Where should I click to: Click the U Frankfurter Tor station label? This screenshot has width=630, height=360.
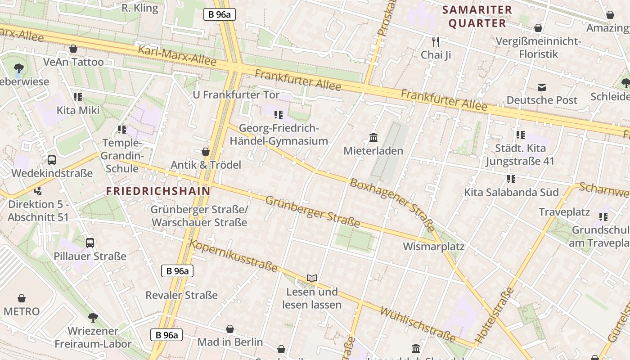(x=236, y=95)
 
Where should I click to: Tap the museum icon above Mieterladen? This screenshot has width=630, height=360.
(x=373, y=137)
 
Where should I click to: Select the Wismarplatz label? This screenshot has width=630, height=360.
(x=433, y=247)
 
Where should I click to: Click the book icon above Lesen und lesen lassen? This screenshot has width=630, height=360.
(x=312, y=278)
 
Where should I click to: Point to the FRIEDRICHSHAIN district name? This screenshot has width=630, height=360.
(x=158, y=191)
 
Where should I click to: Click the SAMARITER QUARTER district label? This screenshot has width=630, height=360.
(x=477, y=17)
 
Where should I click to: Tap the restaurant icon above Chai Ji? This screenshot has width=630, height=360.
(x=435, y=42)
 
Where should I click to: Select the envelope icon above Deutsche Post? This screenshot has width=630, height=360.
(x=542, y=87)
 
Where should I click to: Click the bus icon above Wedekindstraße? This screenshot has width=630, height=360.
(x=52, y=160)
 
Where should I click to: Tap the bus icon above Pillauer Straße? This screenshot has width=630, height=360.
(x=90, y=243)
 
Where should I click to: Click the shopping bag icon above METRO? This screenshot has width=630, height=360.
(x=21, y=298)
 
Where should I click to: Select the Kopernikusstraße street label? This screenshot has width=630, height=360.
(x=234, y=256)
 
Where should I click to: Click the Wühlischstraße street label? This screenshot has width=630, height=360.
(x=418, y=324)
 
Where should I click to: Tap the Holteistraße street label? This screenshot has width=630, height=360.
(x=494, y=315)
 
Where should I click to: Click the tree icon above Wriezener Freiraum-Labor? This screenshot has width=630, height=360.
(x=93, y=318)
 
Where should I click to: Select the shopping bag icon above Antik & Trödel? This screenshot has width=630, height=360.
(x=206, y=152)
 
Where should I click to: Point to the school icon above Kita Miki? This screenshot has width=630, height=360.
(x=78, y=97)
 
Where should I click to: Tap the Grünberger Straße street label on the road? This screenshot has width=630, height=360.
(x=312, y=211)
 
